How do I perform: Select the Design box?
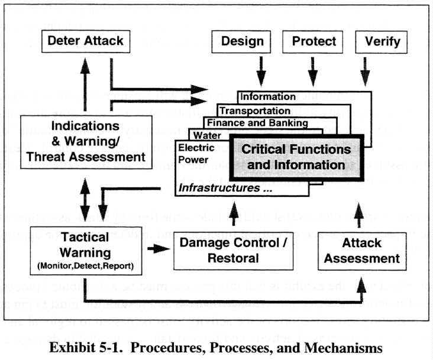pyautogui.click(x=241, y=41)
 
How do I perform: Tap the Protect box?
pyautogui.click(x=314, y=41)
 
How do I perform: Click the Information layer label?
pyautogui.click(x=268, y=96)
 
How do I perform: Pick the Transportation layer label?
pyautogui.click(x=254, y=111)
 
